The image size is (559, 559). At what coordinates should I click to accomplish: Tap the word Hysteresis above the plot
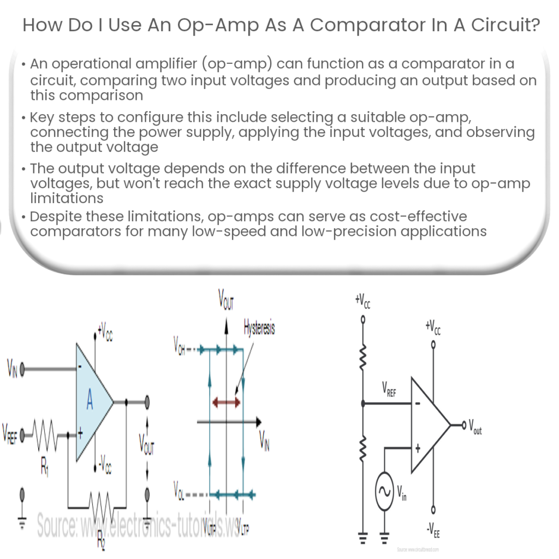pyautogui.click(x=259, y=329)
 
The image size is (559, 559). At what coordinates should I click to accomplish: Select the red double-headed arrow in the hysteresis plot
pyautogui.click(x=226, y=402)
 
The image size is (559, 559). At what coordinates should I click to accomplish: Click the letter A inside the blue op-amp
pyautogui.click(x=90, y=402)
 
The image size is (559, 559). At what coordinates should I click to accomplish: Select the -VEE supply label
pyautogui.click(x=434, y=527)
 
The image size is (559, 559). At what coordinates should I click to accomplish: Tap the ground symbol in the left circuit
pyautogui.click(x=22, y=522)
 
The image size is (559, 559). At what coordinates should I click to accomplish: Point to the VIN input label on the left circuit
pyautogui.click(x=11, y=370)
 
